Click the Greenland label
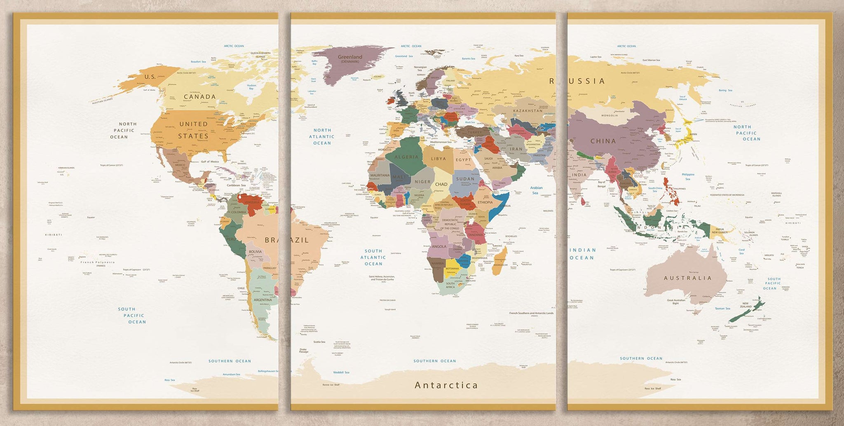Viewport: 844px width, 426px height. point(350,57)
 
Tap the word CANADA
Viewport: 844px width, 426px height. point(199,97)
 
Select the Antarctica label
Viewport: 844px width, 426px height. point(446,385)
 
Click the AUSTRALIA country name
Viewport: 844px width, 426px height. point(687,278)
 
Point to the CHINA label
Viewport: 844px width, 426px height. point(603,141)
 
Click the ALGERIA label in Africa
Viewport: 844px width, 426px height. point(406,157)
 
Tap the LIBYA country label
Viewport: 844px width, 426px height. point(438,159)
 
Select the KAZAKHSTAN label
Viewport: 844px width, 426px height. point(527,111)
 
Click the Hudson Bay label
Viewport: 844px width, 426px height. point(251,87)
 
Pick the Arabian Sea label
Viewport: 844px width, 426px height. point(536,190)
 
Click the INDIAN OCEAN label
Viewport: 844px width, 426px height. point(582,254)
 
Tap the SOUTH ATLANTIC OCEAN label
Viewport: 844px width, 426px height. point(373,257)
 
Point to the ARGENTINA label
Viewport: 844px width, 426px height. point(263,300)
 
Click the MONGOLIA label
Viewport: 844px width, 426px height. point(609,115)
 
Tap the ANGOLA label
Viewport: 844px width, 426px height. point(439,246)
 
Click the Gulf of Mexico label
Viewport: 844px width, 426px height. point(210,162)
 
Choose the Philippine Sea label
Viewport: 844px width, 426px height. point(688,177)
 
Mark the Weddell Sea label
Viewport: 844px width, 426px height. point(341,372)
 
